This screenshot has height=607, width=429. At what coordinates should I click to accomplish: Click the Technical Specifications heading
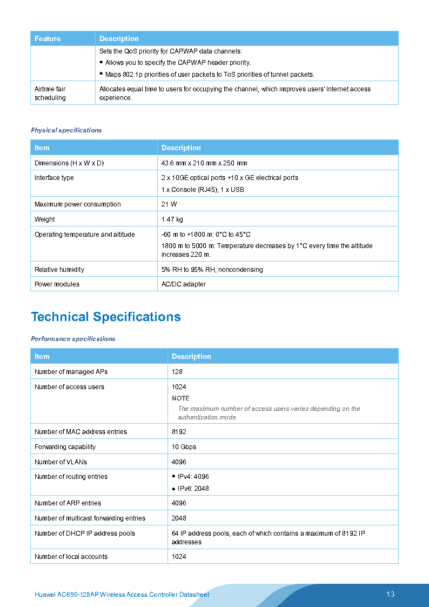pos(106,317)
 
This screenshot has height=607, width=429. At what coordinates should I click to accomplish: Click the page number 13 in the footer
pos(390,594)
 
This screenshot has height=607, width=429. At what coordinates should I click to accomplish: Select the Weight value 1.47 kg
pos(172,219)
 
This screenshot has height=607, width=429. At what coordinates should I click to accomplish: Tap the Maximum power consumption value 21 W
pos(169,204)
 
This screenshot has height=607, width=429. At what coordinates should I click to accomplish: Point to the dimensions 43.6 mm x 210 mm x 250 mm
pos(204,163)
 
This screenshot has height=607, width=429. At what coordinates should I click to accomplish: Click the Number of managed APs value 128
pos(177,372)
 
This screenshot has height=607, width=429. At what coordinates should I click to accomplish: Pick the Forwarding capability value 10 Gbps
pos(184,447)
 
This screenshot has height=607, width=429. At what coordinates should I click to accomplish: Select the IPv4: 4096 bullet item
pos(193,477)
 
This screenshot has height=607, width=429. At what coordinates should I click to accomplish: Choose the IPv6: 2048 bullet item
pos(193,489)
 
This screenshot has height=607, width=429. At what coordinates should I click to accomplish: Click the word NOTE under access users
pos(180,398)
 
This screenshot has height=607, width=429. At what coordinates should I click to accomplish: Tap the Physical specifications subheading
pos(66,130)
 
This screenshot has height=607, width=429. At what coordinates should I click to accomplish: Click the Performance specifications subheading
pos(73,339)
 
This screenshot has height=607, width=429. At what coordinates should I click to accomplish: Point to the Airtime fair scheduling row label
pos(50,93)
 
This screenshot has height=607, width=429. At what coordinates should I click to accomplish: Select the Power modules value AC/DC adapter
pos(184,284)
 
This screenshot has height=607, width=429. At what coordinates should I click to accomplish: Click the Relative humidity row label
pos(59,270)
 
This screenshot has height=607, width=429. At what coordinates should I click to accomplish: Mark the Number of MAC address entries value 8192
pos(179,432)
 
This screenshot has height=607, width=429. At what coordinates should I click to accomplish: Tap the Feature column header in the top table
pos(48,39)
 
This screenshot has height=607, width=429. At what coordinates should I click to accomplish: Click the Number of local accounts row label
pos(71,557)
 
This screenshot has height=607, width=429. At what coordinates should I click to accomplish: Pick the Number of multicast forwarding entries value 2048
pos(179,518)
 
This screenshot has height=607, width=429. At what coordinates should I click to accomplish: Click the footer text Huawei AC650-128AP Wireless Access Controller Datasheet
pos(122,595)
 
